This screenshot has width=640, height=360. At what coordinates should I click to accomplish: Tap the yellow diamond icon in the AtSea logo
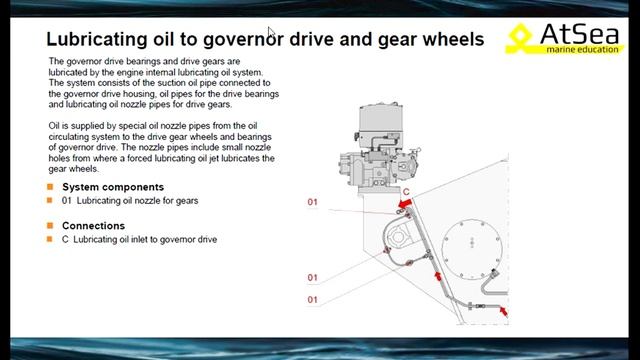[520, 36]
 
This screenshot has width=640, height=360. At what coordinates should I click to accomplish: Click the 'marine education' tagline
[582, 49]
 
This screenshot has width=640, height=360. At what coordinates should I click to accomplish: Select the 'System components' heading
[113, 187]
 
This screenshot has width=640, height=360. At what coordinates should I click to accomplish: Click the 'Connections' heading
[93, 226]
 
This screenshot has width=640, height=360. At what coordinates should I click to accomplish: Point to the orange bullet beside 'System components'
[50, 187]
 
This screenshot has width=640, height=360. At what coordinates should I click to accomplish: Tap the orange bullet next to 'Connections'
[50, 225]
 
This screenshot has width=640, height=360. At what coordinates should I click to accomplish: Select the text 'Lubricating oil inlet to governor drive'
[145, 240]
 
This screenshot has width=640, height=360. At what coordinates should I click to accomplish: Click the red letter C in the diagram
[406, 192]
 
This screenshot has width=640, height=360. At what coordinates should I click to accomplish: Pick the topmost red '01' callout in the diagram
[312, 202]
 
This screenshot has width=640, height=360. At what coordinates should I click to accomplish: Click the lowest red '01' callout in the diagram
[312, 300]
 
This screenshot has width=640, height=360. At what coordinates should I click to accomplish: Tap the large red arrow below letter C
[405, 203]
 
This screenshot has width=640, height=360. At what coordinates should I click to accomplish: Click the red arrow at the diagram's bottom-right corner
[504, 312]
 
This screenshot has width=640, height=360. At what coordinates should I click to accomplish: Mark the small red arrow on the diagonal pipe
[438, 276]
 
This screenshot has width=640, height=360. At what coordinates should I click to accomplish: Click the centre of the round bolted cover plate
[472, 249]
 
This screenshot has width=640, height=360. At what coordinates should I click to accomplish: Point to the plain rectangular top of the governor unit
[380, 118]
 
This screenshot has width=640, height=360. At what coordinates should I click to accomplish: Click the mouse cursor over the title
[271, 33]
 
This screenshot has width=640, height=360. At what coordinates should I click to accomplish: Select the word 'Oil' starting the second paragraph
[54, 126]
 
